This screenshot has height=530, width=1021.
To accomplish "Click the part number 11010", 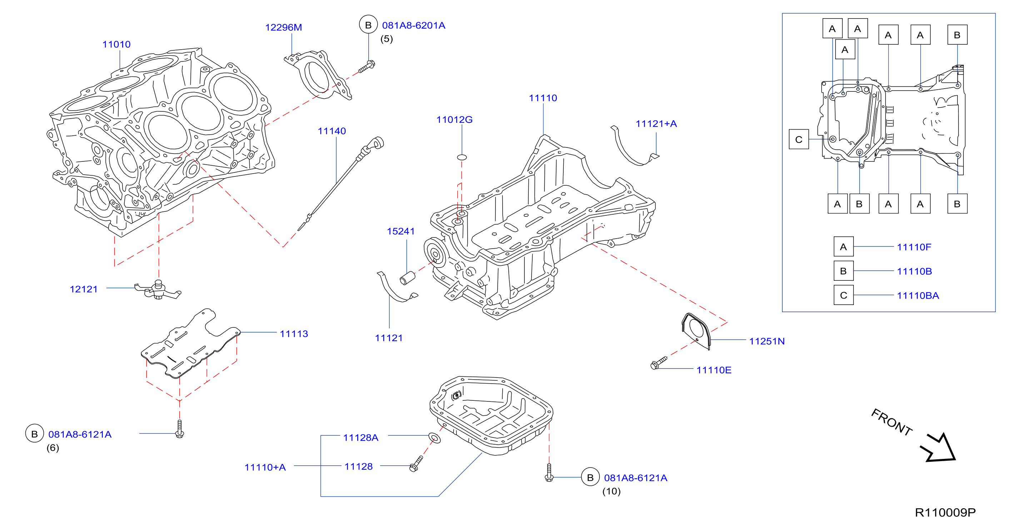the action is click(x=116, y=44).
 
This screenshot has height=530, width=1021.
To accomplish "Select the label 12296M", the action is click(x=283, y=27).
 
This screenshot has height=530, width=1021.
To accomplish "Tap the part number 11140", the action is click(x=332, y=131).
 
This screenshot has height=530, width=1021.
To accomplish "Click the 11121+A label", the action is click(x=656, y=124).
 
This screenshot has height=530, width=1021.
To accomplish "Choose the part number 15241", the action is click(x=401, y=231).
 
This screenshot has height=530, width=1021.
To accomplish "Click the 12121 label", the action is click(x=84, y=289).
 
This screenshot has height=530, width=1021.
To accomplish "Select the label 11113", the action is click(x=294, y=334).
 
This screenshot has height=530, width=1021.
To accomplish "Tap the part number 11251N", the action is click(x=767, y=341).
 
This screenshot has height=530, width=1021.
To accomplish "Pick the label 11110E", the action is click(x=714, y=370).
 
